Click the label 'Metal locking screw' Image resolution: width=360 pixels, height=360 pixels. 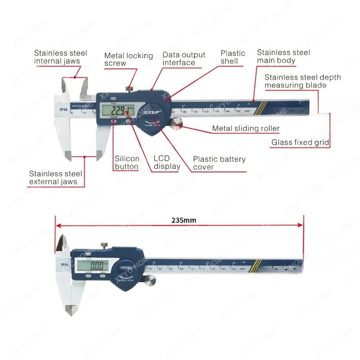pyautogui.click(x=128, y=59)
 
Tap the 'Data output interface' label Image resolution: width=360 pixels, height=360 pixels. pyautogui.click(x=184, y=58)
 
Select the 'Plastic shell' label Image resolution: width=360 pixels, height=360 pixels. pyautogui.click(x=233, y=57)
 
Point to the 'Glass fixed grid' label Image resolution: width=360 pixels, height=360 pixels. pyautogui.click(x=300, y=143)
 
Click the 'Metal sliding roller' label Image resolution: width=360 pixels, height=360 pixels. pyautogui.click(x=246, y=129)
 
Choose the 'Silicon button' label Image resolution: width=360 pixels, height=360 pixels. pyautogui.click(x=127, y=162)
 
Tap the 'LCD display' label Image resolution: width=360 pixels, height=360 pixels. pyautogui.click(x=167, y=162)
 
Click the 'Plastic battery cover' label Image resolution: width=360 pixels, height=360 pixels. pyautogui.click(x=219, y=163)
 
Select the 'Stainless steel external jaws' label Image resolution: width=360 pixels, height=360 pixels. pyautogui.click(x=56, y=177)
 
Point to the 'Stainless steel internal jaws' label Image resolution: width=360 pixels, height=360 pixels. pyautogui.click(x=60, y=57)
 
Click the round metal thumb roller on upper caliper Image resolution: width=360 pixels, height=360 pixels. pyautogui.click(x=176, y=124)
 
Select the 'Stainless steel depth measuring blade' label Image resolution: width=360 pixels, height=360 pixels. pyautogui.click(x=302, y=81)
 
